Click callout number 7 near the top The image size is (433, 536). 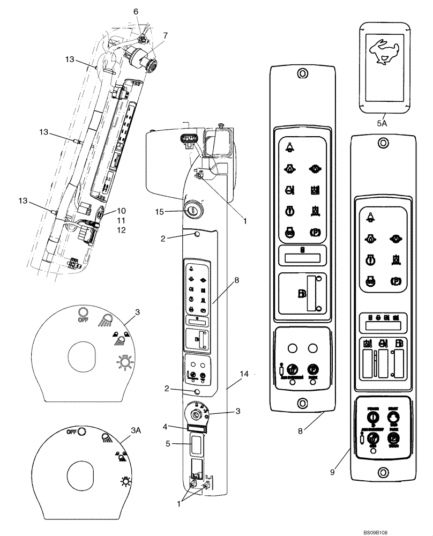click(165, 35)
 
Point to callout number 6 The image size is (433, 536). click(136, 11)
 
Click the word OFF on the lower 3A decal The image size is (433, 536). click(70, 431)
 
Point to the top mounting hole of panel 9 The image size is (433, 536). click(382, 142)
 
